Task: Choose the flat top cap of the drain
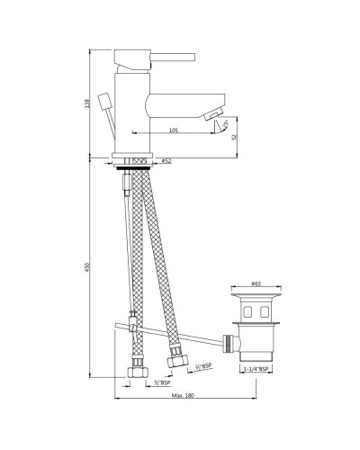(255, 294)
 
